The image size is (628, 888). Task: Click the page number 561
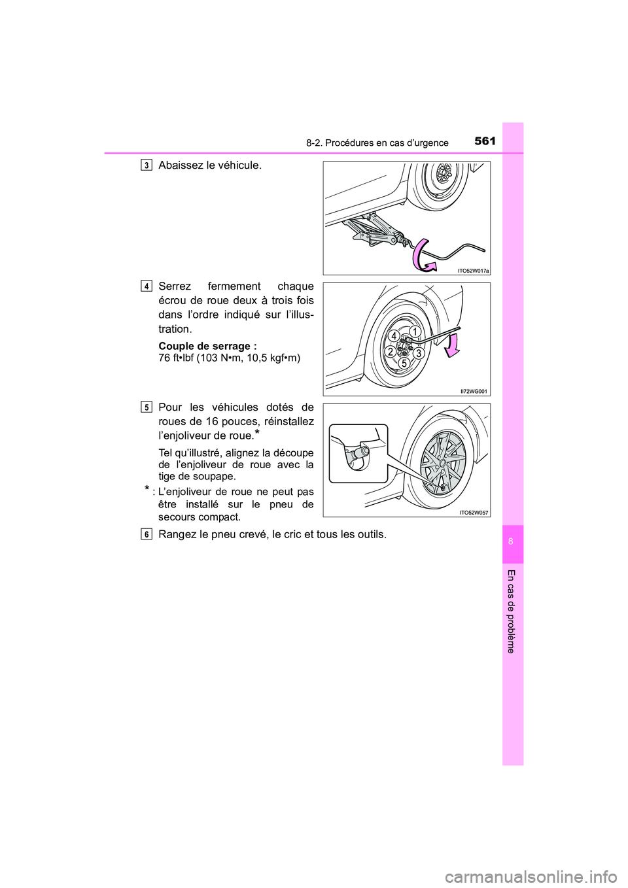pos(485,141)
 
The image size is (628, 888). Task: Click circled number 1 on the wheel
pos(414,332)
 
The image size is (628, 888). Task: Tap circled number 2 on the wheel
pos(390,352)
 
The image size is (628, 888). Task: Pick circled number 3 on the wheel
pos(419,353)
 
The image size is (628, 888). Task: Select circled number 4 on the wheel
pos(394,336)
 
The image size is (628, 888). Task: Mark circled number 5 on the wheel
pos(404,363)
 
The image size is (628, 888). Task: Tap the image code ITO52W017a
pos(473,270)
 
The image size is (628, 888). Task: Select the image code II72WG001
pos(474,391)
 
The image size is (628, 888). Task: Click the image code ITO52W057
pos(474,513)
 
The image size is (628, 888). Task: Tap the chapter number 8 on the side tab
pos(513,542)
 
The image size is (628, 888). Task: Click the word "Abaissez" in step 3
pos(181,165)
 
